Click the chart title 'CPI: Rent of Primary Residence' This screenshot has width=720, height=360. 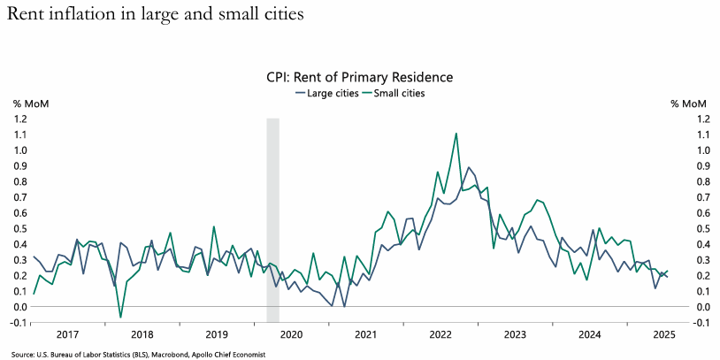[360, 78]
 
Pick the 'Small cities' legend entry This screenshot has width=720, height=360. [397, 93]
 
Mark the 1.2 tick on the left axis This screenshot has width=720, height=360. [19, 119]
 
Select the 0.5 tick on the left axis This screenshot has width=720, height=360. [19, 228]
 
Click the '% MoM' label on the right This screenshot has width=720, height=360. [689, 103]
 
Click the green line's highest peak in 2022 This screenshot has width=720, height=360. [456, 134]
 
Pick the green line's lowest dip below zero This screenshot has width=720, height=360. [120, 317]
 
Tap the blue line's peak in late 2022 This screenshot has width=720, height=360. [469, 167]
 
